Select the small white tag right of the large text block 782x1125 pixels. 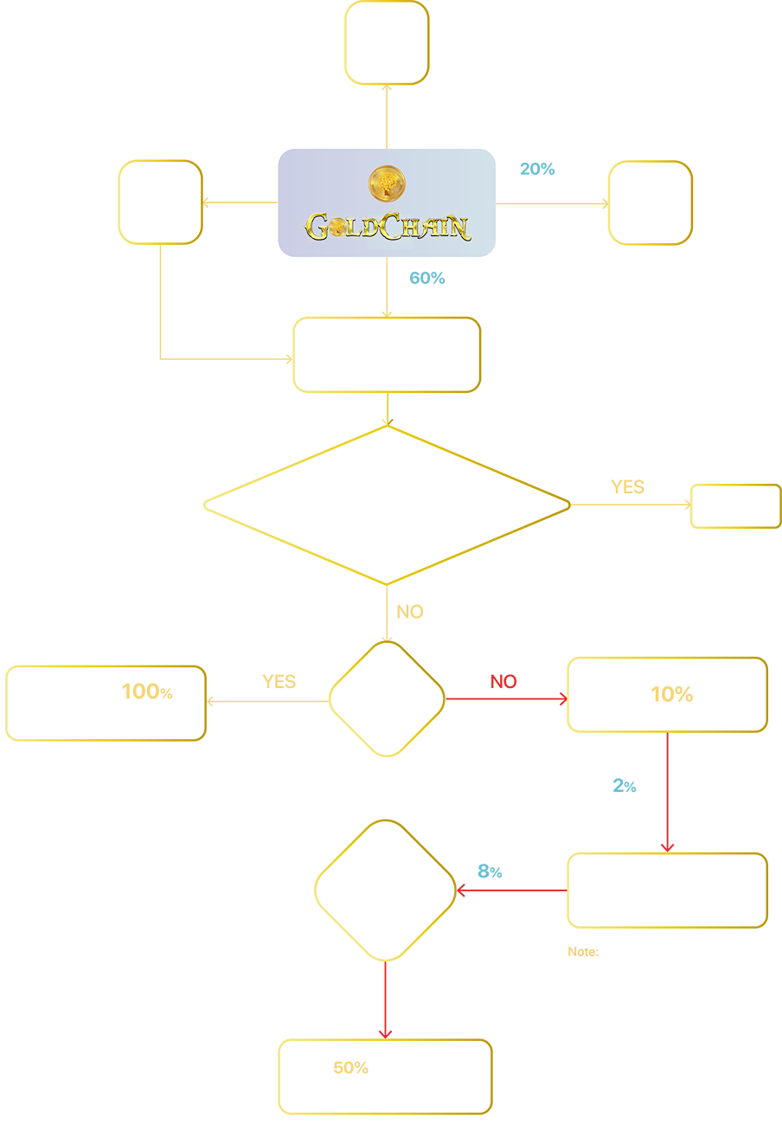736,505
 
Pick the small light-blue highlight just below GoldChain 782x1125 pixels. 423,277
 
